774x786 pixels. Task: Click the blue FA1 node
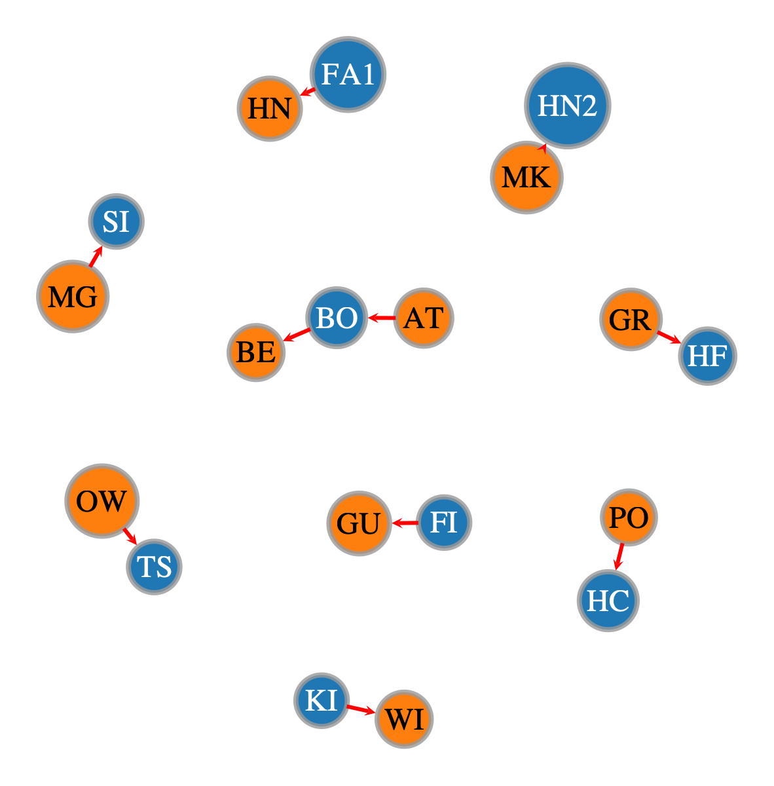coord(348,74)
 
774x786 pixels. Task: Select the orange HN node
coord(270,109)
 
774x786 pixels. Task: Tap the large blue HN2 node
coord(567,105)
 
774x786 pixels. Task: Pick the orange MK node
coord(526,178)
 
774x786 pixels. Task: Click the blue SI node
coord(116,221)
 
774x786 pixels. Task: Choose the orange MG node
coord(73,296)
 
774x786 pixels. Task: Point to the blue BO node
coord(337,318)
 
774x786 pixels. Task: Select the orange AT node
coord(424,318)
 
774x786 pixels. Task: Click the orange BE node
coord(255,352)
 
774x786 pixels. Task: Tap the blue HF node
coord(707,356)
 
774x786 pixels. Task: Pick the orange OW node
coord(102,501)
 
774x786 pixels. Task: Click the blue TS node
coord(154,567)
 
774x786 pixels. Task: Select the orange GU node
coord(359,523)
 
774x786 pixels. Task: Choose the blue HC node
coord(608,601)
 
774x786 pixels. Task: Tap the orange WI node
coord(404,719)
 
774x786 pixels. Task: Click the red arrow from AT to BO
coord(381,318)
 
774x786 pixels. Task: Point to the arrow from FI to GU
coord(405,523)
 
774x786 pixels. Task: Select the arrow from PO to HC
coord(619,556)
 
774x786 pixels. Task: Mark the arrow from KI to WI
coord(361,709)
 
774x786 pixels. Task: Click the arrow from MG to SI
coord(96,256)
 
